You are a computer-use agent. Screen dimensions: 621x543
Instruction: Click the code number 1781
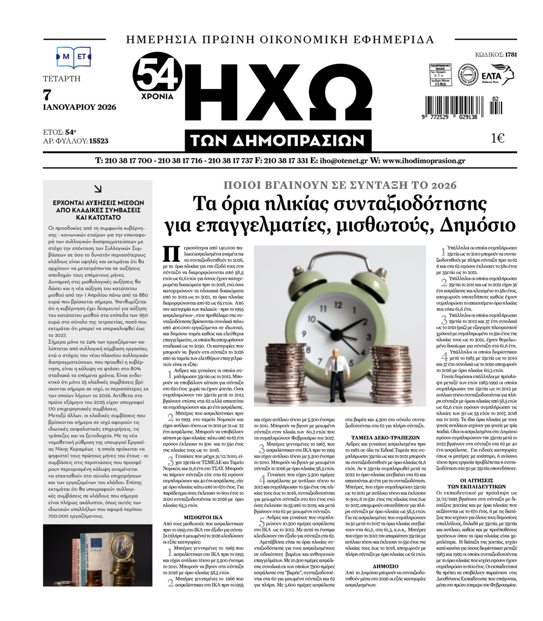tap(511, 55)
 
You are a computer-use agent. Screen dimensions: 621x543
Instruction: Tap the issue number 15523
tap(99, 141)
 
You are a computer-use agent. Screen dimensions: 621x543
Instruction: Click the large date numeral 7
tap(47, 94)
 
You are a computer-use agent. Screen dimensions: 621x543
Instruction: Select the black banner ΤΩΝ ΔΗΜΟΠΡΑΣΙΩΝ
tap(278, 141)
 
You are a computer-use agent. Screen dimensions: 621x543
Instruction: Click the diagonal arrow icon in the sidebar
tap(98, 189)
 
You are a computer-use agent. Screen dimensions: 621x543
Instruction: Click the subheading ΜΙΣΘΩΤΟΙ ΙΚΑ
tap(203, 516)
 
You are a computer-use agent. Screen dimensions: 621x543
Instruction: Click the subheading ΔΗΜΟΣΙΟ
tap(385, 566)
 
